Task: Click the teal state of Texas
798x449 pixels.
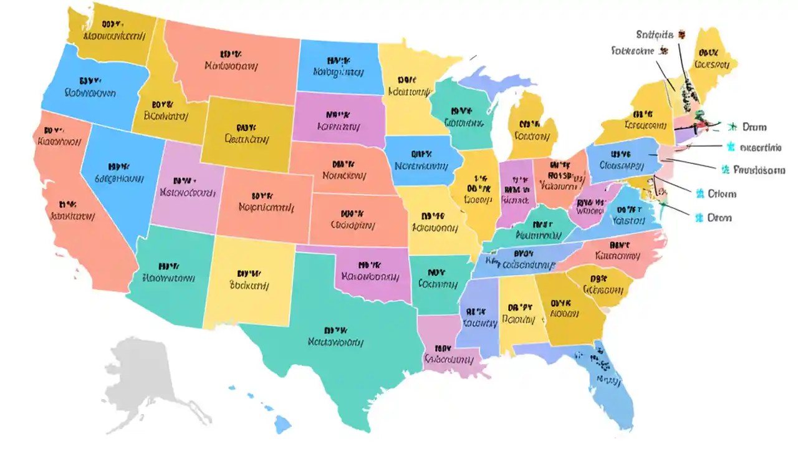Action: [337, 349]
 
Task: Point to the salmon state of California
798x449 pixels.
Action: [69, 206]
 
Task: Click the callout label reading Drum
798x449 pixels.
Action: [754, 127]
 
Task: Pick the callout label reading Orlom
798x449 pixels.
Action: [723, 194]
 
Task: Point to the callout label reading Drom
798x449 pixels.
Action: [719, 218]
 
